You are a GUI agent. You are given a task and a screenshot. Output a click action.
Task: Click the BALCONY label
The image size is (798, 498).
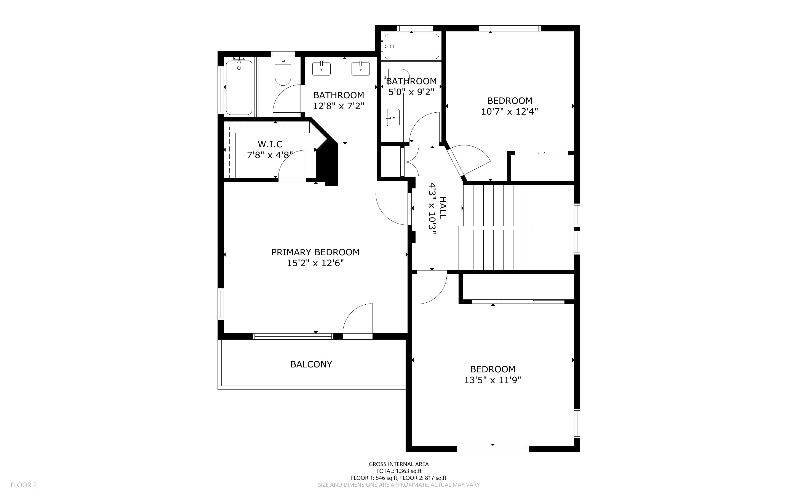point(311,364)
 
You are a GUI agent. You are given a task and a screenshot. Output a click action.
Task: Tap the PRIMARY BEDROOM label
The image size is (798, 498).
point(315,252)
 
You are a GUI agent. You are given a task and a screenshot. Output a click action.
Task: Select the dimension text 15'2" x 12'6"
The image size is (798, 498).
point(315,263)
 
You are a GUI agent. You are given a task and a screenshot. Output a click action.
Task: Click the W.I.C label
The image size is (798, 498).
point(270,144)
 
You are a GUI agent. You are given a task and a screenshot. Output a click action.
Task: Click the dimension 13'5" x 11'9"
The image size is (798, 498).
point(492,380)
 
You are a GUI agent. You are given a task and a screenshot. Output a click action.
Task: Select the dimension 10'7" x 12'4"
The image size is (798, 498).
point(510,111)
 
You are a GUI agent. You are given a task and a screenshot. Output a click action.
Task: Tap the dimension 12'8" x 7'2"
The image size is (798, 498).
point(339,106)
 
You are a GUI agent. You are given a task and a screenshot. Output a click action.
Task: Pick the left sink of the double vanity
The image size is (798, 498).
point(321,69)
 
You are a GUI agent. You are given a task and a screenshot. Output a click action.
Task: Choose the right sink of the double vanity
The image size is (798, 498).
point(360,69)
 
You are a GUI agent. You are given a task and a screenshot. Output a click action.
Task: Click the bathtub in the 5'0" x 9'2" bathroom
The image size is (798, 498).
point(412,47)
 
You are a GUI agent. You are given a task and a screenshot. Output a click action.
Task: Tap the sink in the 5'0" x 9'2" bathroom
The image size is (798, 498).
point(393,118)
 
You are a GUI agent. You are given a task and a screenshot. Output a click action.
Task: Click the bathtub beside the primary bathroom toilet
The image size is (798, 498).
point(239,87)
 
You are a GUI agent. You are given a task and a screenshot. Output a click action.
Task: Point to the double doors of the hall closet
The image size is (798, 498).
point(410,162)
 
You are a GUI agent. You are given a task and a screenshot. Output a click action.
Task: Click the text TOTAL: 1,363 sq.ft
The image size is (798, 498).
point(398,471)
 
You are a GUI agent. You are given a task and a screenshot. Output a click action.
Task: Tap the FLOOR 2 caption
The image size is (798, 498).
point(24,485)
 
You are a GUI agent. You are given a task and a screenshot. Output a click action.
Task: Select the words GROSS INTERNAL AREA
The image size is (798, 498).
point(398,464)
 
